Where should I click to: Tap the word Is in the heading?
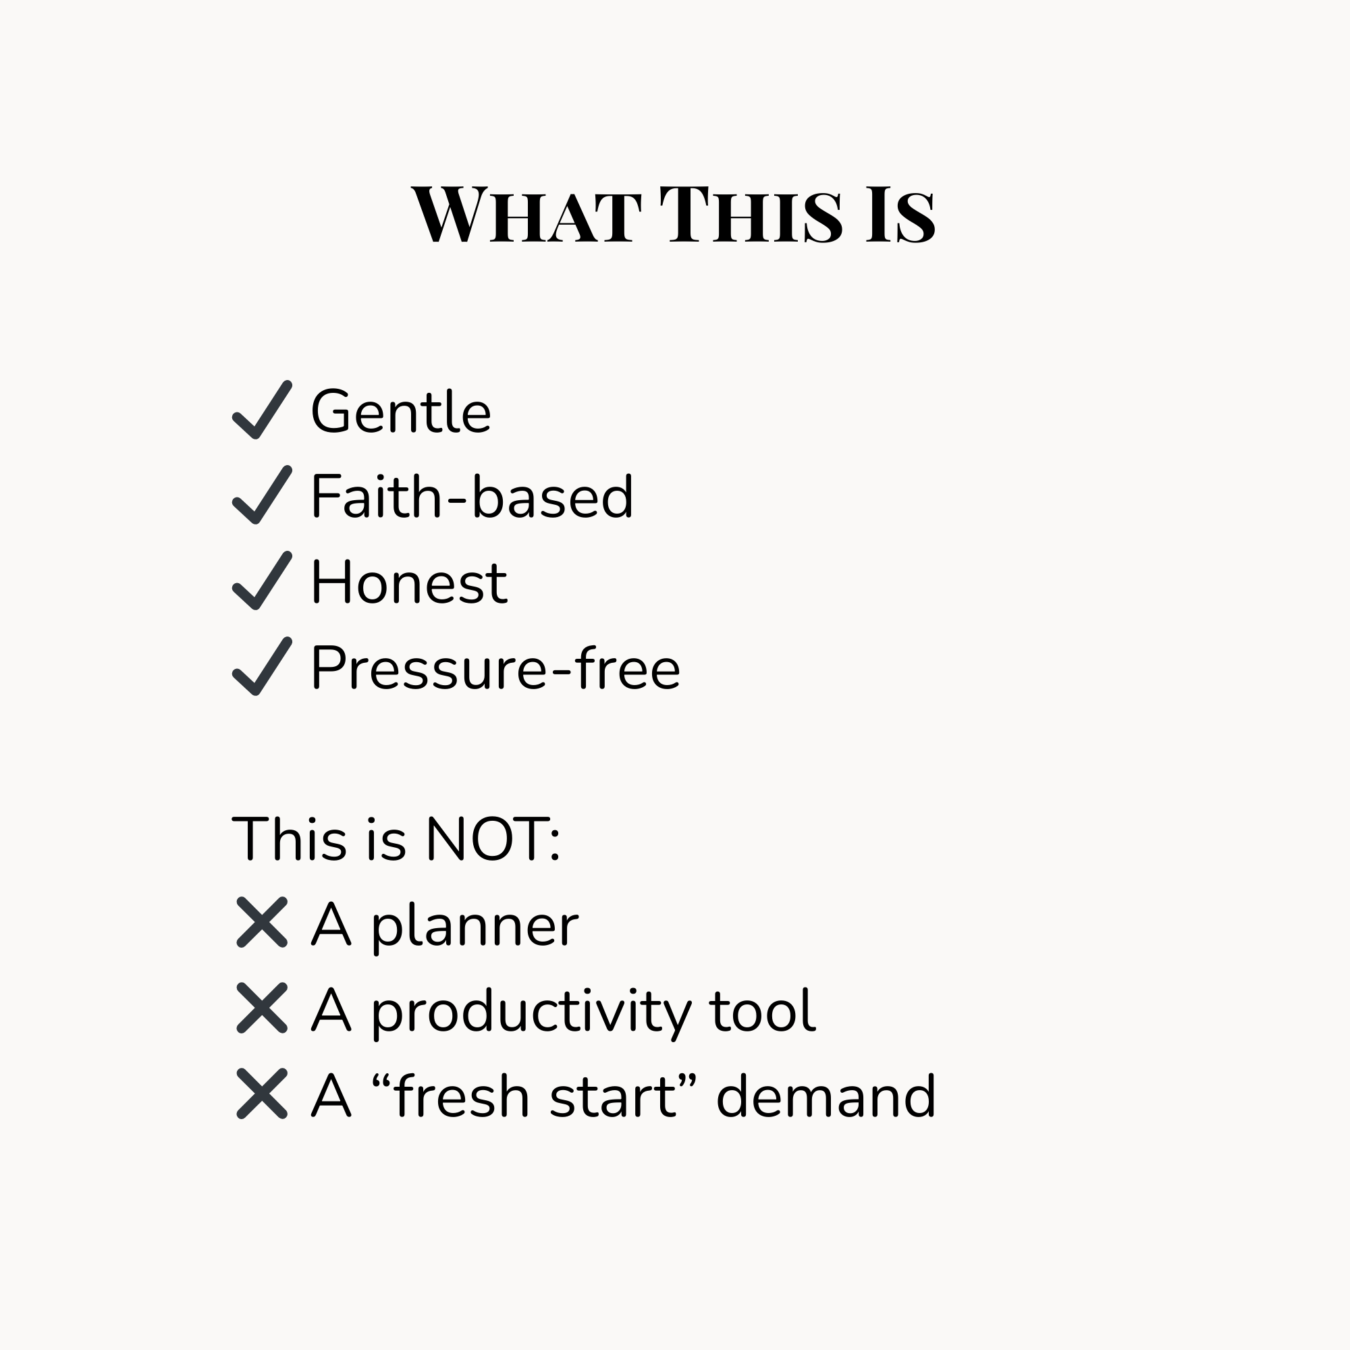click(x=900, y=215)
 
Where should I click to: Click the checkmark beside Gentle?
click(x=262, y=410)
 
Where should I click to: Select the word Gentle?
click(x=401, y=412)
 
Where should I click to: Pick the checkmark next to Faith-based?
click(x=262, y=495)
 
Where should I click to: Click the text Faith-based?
click(x=473, y=496)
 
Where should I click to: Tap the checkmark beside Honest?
click(x=262, y=580)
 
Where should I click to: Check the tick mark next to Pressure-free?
click(x=262, y=667)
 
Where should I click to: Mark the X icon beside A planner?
click(x=262, y=922)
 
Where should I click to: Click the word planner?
click(x=475, y=927)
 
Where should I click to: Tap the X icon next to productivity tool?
click(x=262, y=1008)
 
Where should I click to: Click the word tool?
click(x=762, y=1010)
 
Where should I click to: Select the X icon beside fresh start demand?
click(x=262, y=1093)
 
